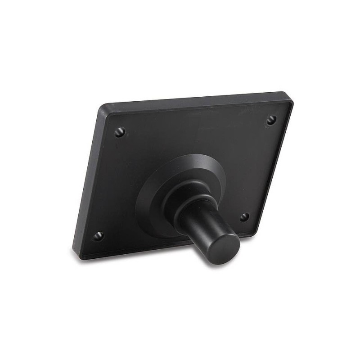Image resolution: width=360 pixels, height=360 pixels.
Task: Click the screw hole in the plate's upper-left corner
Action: (x=119, y=132)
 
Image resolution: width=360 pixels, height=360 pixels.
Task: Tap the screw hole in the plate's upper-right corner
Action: (x=271, y=120)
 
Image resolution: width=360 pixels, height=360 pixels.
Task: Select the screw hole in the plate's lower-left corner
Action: (x=98, y=235)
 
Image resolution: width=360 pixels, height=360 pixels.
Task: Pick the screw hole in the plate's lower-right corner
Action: (x=244, y=217)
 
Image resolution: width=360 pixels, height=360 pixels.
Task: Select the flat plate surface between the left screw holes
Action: (x=110, y=184)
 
